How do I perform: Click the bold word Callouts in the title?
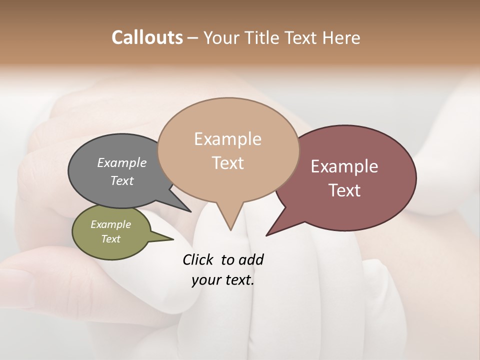(x=147, y=37)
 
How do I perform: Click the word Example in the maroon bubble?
(x=344, y=166)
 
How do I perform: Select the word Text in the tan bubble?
(x=228, y=163)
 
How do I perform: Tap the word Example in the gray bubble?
(x=122, y=162)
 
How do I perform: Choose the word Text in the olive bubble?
(x=110, y=239)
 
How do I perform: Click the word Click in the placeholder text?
(x=198, y=259)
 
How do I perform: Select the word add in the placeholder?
(x=250, y=259)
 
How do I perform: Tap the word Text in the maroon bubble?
(x=344, y=190)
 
